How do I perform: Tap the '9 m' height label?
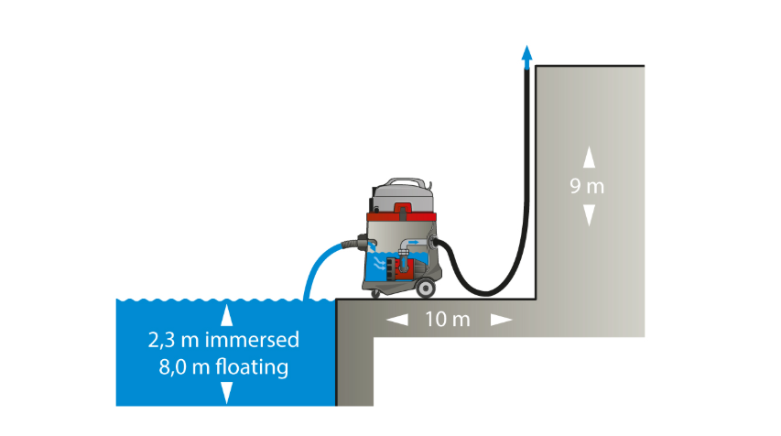[x=587, y=186]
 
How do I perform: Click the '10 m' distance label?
[x=448, y=320]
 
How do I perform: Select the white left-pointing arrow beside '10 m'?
[x=397, y=320]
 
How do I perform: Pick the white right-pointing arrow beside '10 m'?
[x=501, y=320]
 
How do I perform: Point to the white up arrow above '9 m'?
[x=590, y=157]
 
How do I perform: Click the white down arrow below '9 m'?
[x=590, y=215]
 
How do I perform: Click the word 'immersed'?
[x=252, y=340]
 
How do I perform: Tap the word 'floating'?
[x=252, y=367]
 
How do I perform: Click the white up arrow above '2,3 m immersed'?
[x=227, y=315]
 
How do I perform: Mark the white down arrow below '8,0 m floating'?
[x=227, y=393]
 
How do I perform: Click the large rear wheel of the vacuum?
[x=426, y=288]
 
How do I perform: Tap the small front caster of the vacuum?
[x=375, y=293]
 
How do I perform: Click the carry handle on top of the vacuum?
[x=404, y=182]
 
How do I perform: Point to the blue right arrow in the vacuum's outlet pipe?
[x=414, y=243]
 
